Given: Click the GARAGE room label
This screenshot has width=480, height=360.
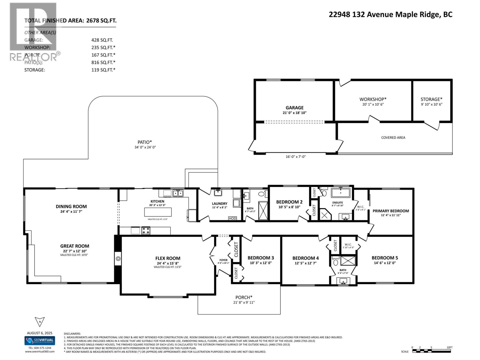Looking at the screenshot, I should tap(294, 108).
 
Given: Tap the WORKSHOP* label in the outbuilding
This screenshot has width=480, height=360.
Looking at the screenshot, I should tap(373, 99).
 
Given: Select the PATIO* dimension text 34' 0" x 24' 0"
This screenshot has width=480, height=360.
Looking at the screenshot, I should tap(145, 147).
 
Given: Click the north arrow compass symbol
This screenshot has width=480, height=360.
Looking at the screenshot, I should tap(40, 322).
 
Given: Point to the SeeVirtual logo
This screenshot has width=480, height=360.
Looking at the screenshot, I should tap(40, 340).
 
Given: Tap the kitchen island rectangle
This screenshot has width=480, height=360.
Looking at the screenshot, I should tap(158, 212).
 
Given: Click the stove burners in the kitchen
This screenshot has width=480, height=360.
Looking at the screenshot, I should tap(146, 230).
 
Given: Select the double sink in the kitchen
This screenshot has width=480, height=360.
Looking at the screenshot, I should tap(178, 193).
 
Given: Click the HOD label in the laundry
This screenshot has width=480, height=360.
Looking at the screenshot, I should tap(232, 218).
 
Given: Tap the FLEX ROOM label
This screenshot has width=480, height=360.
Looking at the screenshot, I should tap(168, 258).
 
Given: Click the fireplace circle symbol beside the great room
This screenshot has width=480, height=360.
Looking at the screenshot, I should tap(118, 259).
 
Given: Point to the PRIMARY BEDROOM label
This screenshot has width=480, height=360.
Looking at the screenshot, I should tap(391, 211).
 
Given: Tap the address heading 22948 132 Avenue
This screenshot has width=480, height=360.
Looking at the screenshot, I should tap(390, 14).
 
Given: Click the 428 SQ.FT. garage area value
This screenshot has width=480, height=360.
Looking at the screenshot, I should tap(102, 40).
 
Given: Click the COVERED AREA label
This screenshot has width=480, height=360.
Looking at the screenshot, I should tap(393, 138).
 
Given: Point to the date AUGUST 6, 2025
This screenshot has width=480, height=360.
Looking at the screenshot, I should tap(40, 333).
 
